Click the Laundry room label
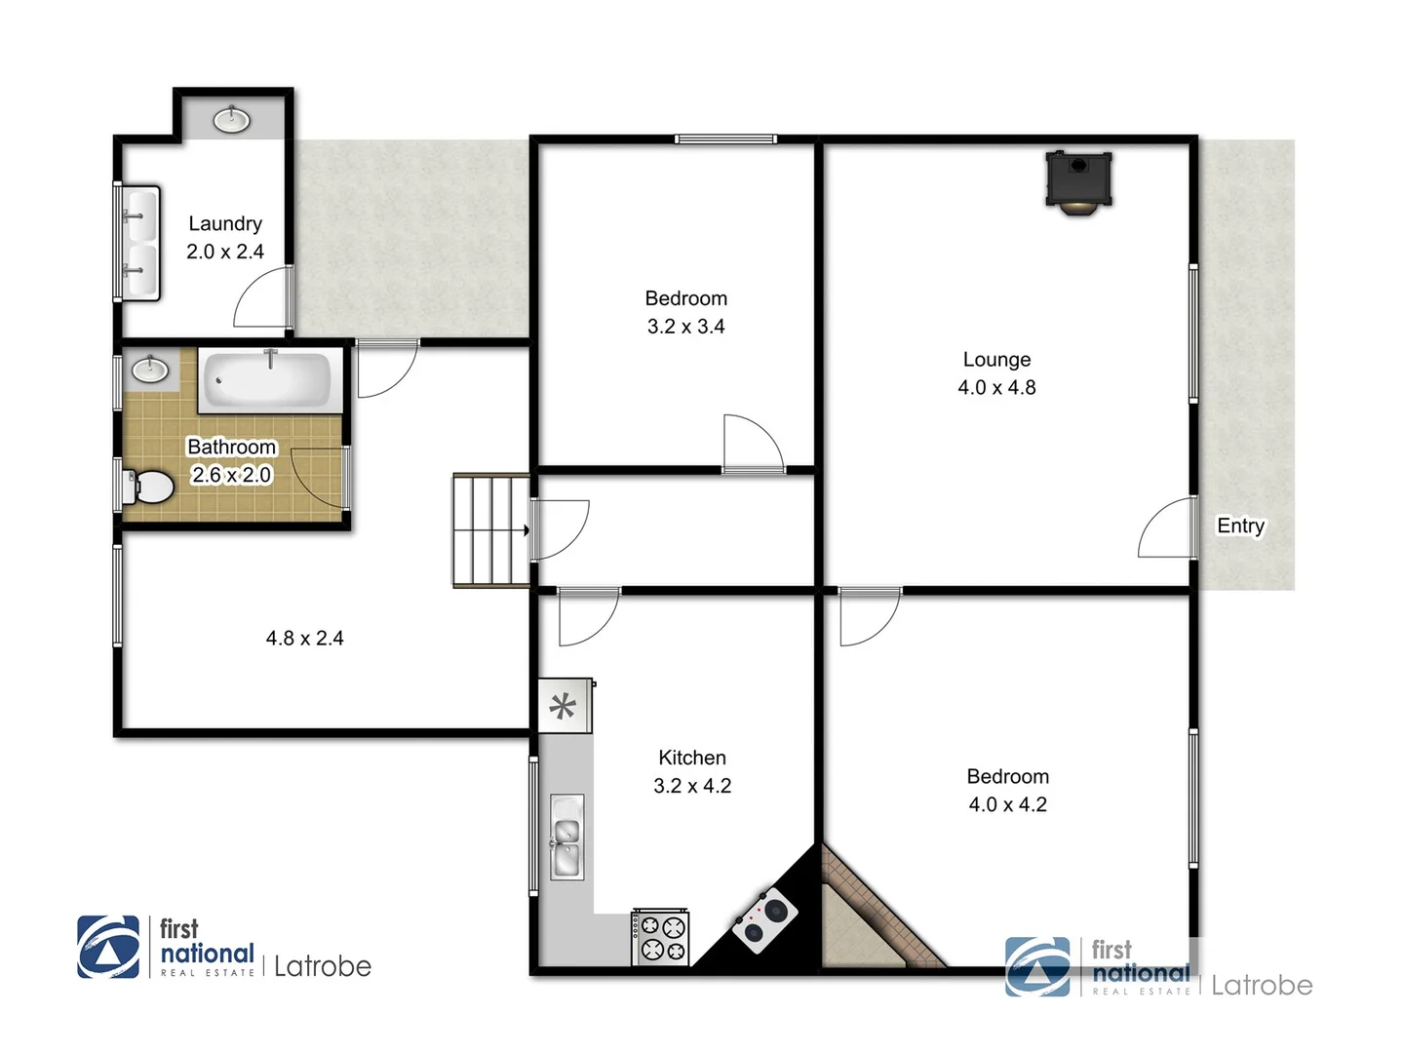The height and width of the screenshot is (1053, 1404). coord(225,224)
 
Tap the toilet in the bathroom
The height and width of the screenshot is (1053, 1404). coord(149,486)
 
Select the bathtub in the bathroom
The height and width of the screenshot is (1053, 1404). coord(269,379)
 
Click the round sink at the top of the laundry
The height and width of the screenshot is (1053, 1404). coord(232,120)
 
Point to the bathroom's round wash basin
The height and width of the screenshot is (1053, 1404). coord(149,369)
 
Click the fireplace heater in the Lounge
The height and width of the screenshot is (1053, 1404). coord(1078,180)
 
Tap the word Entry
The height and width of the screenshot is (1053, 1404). coord(1240,526)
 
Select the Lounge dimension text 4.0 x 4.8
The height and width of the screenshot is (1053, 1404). coord(996,387)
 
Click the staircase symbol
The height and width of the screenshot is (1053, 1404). coord(490,530)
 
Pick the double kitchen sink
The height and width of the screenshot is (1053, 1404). coord(566,838)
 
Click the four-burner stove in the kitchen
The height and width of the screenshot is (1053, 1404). coord(661,937)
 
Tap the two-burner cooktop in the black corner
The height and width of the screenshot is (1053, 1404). coord(764,919)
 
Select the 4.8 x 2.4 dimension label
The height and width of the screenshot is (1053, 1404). coord(304,639)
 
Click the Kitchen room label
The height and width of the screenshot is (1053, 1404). coord(692,758)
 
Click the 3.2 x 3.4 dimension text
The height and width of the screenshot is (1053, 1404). coord(686,327)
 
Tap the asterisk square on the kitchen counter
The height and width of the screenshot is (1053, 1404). coord(564,706)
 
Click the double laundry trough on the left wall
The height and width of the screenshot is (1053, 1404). coord(139,243)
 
